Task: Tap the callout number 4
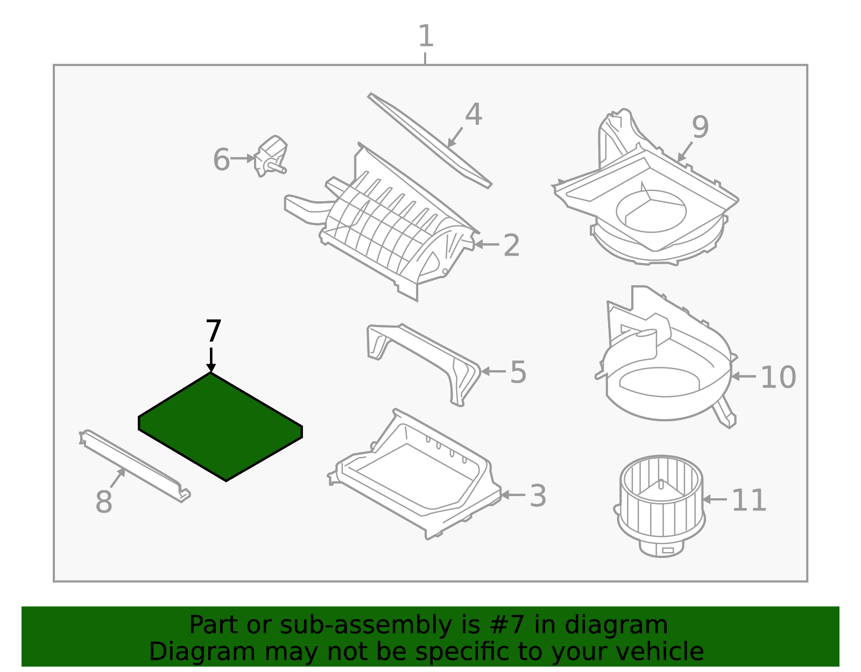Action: coord(474,115)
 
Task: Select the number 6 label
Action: coord(221,160)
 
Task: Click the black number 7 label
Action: coord(213,331)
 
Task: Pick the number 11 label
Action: coord(749,500)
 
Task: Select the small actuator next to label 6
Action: coord(272,156)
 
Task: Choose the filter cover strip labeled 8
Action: coord(135,466)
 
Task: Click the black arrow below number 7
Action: coord(211,360)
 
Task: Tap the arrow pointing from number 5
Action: coord(493,371)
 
